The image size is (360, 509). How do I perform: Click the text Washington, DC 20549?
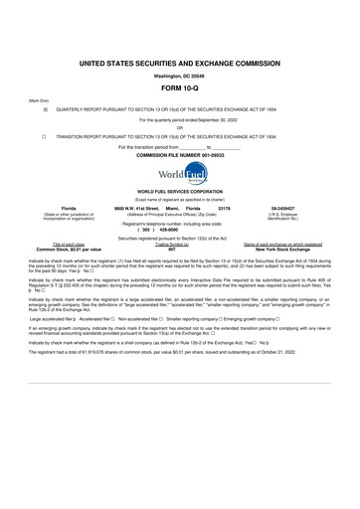click(x=180, y=74)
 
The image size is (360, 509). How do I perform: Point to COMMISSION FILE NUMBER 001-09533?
click(x=180, y=155)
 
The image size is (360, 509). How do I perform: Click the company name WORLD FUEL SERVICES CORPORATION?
click(x=180, y=191)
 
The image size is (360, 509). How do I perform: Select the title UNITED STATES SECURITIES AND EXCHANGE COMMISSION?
click(x=180, y=62)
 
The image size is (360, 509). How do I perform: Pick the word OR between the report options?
click(x=180, y=127)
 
